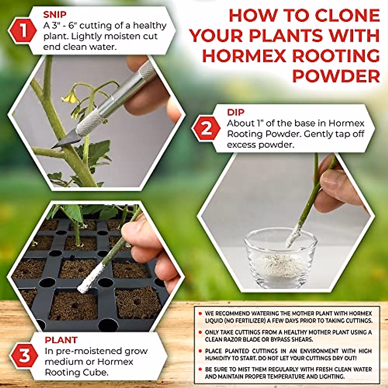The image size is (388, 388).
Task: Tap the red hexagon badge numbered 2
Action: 206,128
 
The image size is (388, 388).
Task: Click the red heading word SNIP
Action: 55,15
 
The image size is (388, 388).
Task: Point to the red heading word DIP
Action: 236,112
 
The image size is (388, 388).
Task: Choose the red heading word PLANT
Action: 61,340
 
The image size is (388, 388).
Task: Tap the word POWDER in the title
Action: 336,76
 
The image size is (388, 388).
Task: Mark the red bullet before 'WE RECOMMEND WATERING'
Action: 200,314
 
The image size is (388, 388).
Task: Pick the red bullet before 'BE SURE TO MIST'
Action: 200,369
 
